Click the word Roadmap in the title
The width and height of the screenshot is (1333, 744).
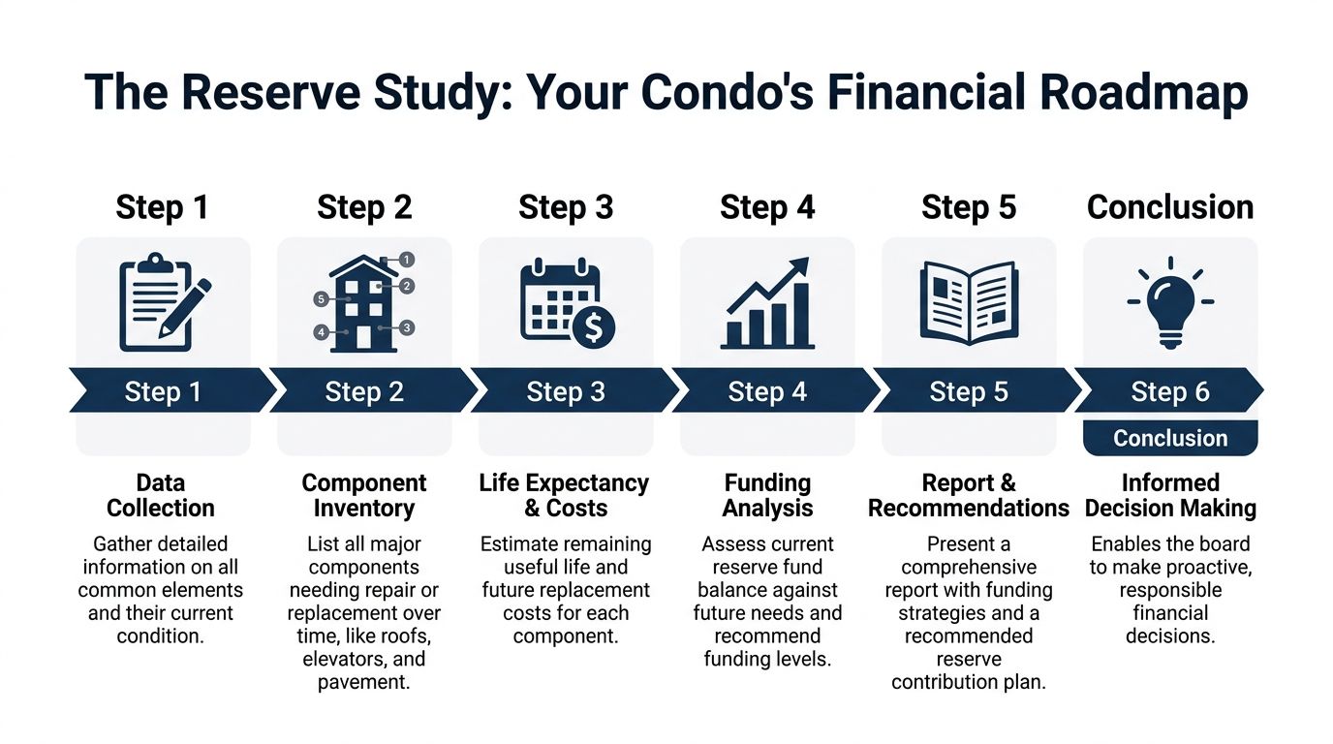pos(1143,93)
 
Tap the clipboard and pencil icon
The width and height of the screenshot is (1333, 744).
pos(165,302)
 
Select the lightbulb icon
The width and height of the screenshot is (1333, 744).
pos(1170,302)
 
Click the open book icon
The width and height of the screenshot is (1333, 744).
pos(969,303)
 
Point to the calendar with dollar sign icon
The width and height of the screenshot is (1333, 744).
pos(567,303)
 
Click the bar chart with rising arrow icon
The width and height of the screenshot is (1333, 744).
pos(767,303)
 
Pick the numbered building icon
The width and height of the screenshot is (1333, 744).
pos(364,302)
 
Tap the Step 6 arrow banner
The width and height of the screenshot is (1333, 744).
pos(1168,390)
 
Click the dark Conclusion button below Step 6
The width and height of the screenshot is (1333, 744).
pos(1170,438)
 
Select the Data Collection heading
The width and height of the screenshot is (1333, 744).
pos(161,495)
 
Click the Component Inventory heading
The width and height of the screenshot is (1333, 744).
pos(364,495)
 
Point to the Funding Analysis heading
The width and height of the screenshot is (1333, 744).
pos(767,495)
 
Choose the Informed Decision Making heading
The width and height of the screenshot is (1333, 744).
pos(1170,495)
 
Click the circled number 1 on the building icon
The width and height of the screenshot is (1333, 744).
pos(407,260)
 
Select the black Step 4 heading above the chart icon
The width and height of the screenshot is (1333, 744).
pos(767,207)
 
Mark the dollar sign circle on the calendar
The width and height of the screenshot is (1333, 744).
pos(594,326)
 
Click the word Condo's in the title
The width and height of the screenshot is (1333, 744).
pos(728,93)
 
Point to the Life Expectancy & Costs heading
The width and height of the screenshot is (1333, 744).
pos(564,495)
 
